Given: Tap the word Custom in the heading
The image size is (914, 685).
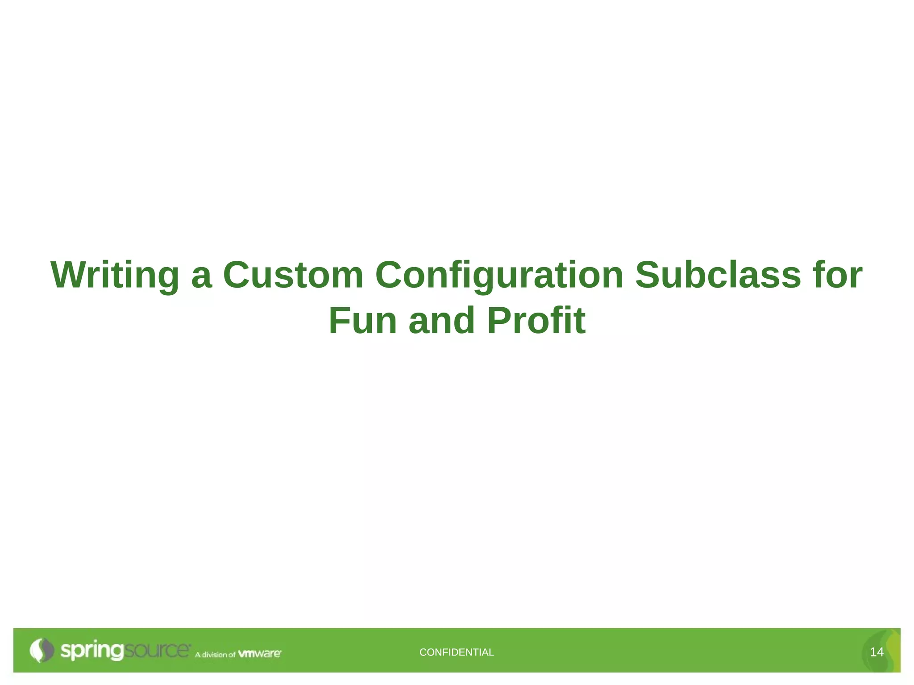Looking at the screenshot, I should (x=293, y=275).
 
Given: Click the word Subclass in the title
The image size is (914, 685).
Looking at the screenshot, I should (x=718, y=275).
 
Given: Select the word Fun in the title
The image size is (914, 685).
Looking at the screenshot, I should (x=362, y=321).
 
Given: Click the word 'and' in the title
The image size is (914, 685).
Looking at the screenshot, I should (x=441, y=321).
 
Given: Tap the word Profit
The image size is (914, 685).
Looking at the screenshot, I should (x=536, y=321).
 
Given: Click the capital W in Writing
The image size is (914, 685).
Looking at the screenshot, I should (x=69, y=275).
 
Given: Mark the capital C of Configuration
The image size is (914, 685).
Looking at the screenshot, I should (x=391, y=275).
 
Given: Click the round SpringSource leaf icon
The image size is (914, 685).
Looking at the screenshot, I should (x=42, y=650).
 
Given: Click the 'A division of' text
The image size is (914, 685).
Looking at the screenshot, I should (x=215, y=655).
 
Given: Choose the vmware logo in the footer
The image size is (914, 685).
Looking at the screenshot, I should (x=260, y=654).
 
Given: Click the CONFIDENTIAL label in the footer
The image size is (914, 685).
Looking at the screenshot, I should (x=457, y=652).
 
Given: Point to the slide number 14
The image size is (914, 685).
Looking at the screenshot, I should (x=877, y=652).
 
